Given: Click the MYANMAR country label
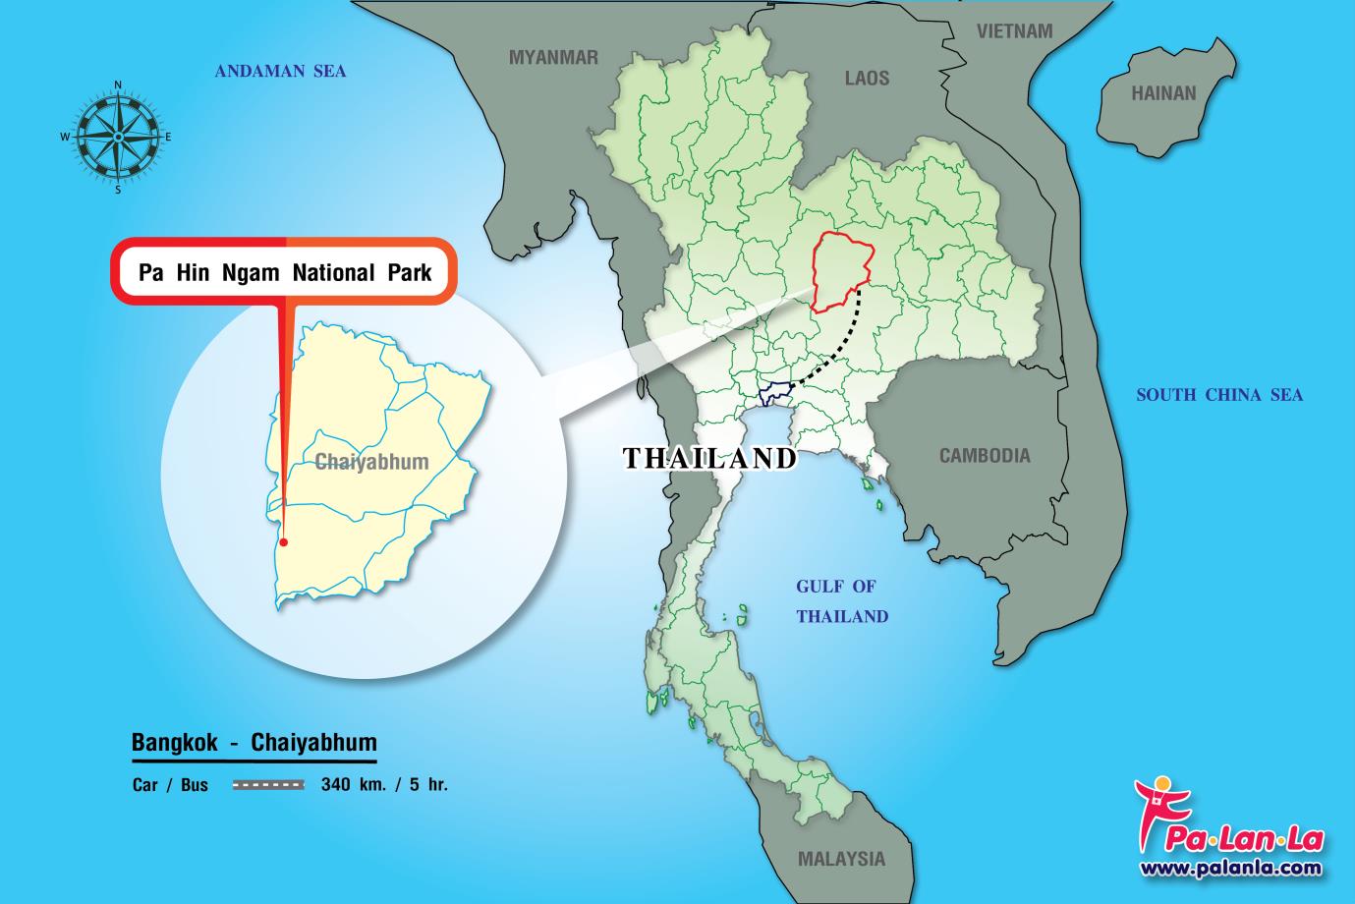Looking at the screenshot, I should [x=552, y=58].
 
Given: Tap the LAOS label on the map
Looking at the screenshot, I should [x=867, y=78].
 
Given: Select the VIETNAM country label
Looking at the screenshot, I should [x=1014, y=31].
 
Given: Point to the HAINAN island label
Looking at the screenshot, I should [x=1163, y=94].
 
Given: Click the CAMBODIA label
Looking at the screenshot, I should [x=985, y=456].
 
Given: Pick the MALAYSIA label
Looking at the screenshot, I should [x=841, y=859].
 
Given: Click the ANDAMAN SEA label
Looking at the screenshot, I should [x=280, y=71].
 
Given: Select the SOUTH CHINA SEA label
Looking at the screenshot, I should [x=1219, y=395].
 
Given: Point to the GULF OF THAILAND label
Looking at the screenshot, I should [x=841, y=601].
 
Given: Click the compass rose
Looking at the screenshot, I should [x=117, y=136].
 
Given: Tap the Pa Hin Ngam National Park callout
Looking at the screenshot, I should [x=285, y=273].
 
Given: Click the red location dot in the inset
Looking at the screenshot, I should [x=283, y=541].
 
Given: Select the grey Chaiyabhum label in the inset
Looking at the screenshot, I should [x=371, y=462].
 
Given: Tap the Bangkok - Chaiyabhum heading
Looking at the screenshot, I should [x=254, y=742].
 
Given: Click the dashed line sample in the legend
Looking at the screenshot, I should [x=269, y=785].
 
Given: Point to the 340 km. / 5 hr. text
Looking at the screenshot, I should [x=384, y=785].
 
